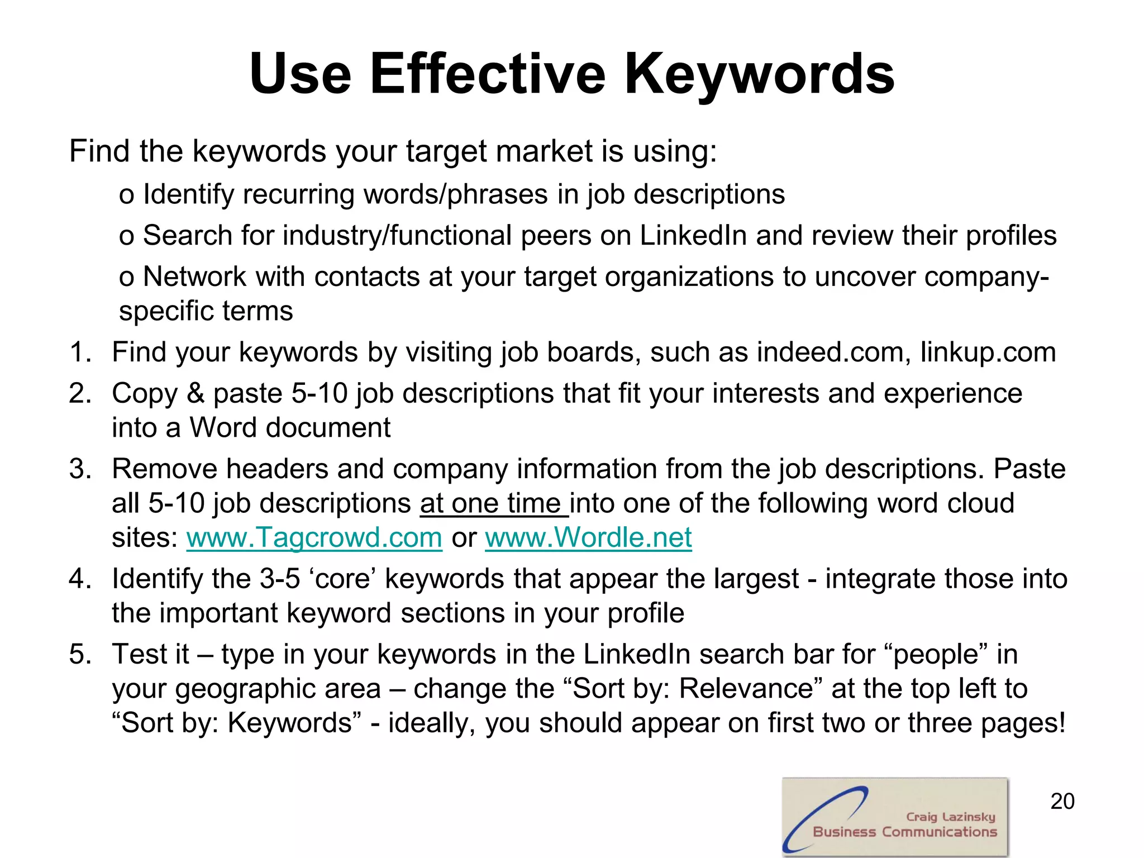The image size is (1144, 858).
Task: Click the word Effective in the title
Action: click(x=487, y=74)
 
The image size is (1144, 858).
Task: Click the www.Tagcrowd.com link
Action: click(x=314, y=537)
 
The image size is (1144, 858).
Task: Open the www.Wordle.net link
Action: click(x=588, y=537)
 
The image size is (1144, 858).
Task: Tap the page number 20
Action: click(x=1062, y=801)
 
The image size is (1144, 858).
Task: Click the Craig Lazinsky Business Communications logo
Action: click(x=895, y=816)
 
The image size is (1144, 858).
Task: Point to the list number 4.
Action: click(x=80, y=579)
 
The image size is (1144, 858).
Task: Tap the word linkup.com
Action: click(x=988, y=352)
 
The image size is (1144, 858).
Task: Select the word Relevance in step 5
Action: click(x=746, y=688)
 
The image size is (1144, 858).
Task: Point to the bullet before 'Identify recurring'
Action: click(x=126, y=196)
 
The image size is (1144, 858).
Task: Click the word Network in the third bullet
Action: click(x=194, y=277)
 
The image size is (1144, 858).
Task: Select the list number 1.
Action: click(x=80, y=352)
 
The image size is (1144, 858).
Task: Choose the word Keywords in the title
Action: click(x=759, y=74)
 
